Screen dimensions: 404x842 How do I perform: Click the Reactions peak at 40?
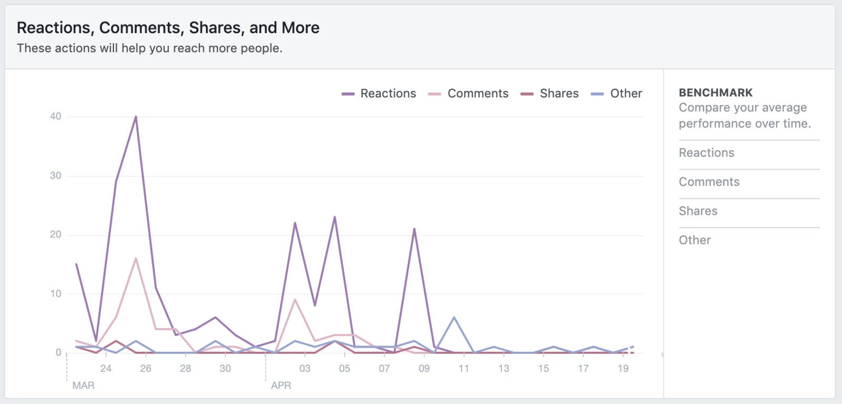pos(136,117)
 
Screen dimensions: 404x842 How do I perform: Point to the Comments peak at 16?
pos(136,258)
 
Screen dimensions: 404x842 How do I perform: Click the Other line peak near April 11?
pos(454,317)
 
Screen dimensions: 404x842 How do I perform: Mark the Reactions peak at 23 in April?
pos(335,217)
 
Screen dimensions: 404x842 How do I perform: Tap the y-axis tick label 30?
pos(56,176)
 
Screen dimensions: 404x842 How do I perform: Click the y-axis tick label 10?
pos(56,294)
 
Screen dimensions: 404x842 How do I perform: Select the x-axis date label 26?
pos(146,368)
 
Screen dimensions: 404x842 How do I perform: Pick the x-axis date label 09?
pos(424,368)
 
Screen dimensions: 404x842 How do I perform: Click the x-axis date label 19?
pos(623,368)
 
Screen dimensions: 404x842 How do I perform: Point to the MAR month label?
pos(83,385)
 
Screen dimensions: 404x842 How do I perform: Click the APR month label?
pos(281,385)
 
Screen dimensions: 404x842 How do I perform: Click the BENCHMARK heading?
pos(716,93)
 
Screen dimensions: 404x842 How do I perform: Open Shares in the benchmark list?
pos(698,211)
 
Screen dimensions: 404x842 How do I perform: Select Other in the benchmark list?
pos(695,240)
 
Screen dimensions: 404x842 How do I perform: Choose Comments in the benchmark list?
pos(709,182)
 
